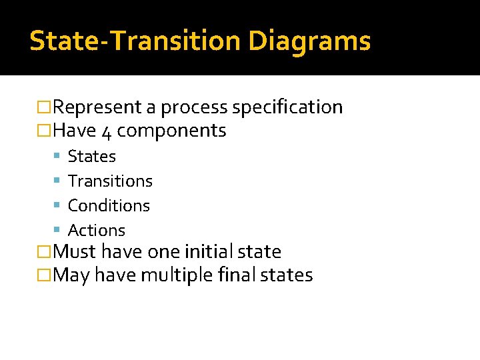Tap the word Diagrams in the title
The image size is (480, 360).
point(309,41)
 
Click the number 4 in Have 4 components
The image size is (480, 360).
point(107,131)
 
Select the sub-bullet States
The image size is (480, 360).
point(92,157)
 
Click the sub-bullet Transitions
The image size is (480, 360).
point(110,181)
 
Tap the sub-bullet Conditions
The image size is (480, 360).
point(109,206)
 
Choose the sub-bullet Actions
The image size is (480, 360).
point(97,231)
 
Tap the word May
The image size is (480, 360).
point(71,275)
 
